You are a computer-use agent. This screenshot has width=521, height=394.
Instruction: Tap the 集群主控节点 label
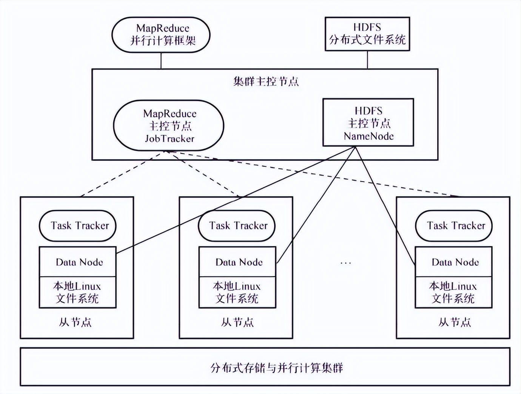(x=266, y=82)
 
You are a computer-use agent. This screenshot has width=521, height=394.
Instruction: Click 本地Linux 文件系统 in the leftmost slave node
(x=77, y=292)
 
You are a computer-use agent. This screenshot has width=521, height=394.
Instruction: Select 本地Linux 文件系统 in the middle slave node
(x=237, y=292)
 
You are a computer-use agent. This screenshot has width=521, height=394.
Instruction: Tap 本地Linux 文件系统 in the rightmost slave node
(x=453, y=292)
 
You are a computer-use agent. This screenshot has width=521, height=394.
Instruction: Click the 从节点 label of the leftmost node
(x=75, y=322)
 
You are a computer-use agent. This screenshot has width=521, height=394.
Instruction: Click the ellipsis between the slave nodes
(x=345, y=263)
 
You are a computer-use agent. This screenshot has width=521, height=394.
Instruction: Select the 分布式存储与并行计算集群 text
(x=277, y=368)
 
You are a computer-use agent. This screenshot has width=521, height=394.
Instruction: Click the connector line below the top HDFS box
(x=367, y=60)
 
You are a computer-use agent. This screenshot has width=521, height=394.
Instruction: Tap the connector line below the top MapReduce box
(x=161, y=61)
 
